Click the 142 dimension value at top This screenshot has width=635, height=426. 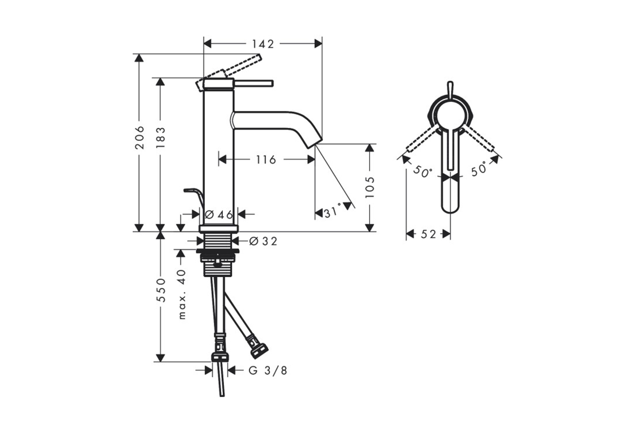(263, 43)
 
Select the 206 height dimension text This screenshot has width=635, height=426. (139, 137)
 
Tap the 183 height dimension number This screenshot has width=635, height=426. (161, 137)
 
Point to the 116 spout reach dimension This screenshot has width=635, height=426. (266, 160)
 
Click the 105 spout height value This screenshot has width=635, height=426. (369, 187)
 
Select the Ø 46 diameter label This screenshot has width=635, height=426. (219, 215)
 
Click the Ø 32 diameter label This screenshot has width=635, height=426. (263, 241)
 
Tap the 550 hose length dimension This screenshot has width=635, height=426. (161, 290)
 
